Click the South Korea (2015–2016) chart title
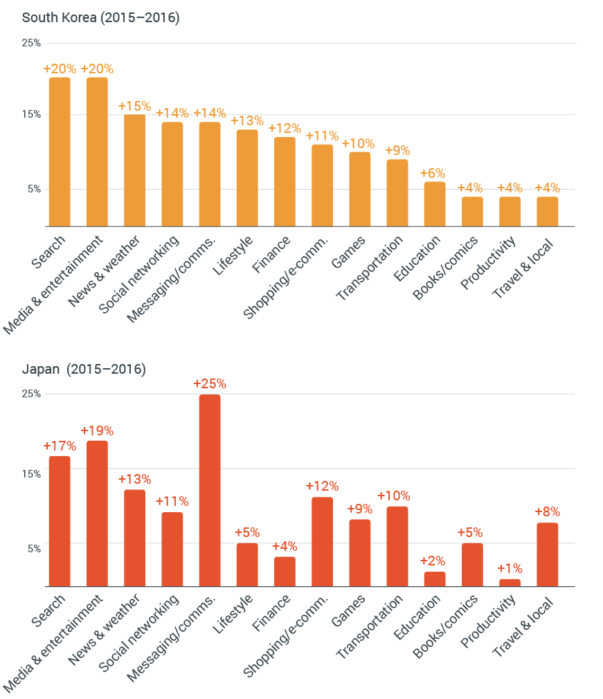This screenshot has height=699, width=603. pos(101,18)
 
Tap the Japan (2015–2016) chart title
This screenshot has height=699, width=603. pos(84,369)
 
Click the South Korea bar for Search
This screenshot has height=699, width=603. pos(60,152)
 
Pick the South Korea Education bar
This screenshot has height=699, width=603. pos(435,203)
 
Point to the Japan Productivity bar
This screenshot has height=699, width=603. pos(510,583)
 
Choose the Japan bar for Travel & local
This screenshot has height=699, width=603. pos(547,554)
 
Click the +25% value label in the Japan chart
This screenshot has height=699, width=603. pos(210,383)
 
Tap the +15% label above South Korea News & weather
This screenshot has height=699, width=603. pos(134,106)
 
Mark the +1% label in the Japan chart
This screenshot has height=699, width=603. pos(510,568)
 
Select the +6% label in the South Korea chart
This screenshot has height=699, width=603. pos(435,173)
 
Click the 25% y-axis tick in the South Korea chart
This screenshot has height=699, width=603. pos(32,43)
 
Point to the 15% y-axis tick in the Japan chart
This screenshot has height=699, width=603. pos(32,473)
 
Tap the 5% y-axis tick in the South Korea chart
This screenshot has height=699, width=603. pos(34,189)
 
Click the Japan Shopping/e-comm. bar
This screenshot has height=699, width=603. pos(322,541)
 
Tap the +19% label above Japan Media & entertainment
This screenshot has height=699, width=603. pos(97,430)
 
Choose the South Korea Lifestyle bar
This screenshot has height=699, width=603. pos(247,178)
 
